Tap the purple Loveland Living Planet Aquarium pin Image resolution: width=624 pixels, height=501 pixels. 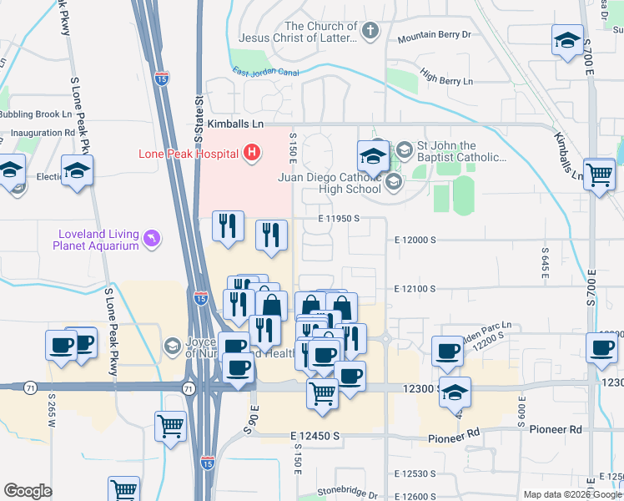click(151, 240)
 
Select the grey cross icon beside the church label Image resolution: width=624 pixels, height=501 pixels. click(370, 32)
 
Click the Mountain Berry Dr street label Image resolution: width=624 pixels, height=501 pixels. click(434, 36)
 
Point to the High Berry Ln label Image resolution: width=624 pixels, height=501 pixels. click(446, 81)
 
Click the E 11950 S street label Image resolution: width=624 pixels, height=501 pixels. click(338, 218)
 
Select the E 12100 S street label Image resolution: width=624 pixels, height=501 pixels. click(415, 289)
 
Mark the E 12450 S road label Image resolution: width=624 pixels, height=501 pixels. click(315, 436)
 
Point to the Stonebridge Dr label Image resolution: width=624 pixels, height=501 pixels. click(348, 494)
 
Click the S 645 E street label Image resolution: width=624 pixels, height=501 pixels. click(546, 262)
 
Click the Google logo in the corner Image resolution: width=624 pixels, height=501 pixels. click(28, 491)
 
